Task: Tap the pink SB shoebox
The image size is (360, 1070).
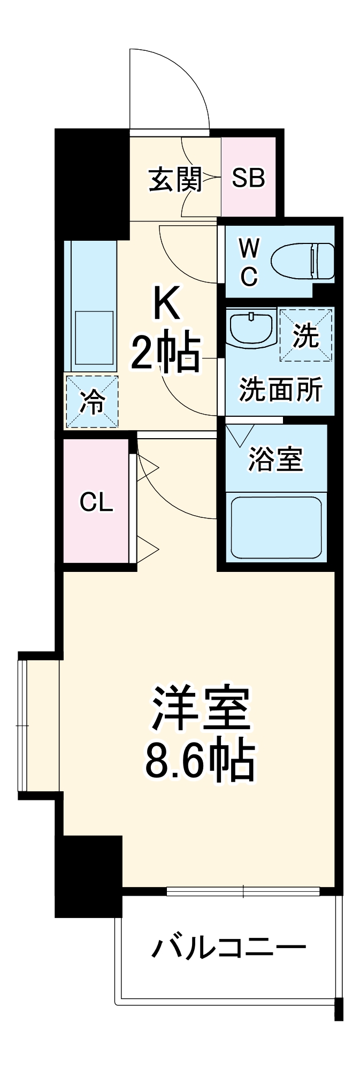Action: point(248,178)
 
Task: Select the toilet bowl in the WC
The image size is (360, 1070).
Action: point(302,262)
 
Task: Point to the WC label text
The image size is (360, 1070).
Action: point(249,262)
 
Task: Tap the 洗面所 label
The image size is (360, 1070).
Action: point(280,389)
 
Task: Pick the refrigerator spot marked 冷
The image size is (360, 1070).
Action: point(91,402)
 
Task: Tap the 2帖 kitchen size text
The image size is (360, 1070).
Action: point(166,353)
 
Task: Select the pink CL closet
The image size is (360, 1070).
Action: point(97,501)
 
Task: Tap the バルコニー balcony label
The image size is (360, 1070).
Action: point(229,949)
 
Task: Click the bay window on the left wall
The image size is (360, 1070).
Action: point(22,725)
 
